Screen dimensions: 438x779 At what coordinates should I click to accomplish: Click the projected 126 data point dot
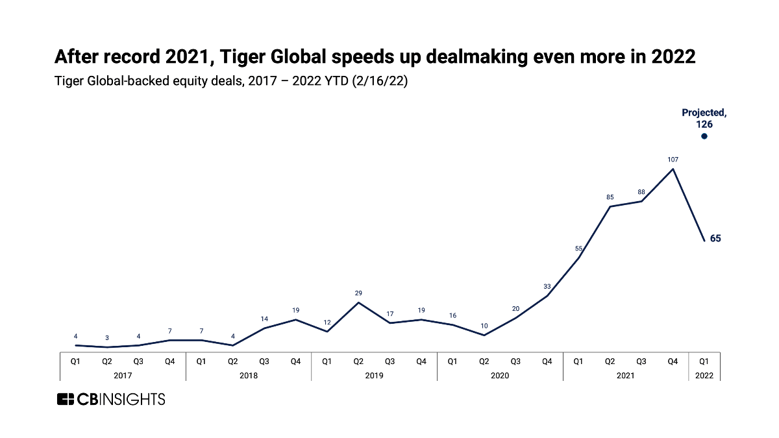704,136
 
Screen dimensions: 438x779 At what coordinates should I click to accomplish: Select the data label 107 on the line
673,159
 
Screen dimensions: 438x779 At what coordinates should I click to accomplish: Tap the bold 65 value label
715,239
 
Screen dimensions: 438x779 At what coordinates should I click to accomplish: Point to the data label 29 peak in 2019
359,293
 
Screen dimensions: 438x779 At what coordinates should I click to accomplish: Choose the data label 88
641,192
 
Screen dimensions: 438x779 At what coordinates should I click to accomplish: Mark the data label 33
547,286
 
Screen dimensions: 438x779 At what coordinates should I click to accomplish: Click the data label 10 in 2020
484,326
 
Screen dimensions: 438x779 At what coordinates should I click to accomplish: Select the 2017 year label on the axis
123,375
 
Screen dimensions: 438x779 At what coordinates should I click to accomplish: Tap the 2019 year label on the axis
374,375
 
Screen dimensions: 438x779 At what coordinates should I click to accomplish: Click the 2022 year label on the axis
704,375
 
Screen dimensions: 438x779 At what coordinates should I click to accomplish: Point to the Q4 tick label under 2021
673,361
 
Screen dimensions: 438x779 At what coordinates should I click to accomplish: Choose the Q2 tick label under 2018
232,361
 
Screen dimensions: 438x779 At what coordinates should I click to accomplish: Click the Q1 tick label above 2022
704,361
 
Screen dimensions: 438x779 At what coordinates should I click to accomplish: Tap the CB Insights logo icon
66,399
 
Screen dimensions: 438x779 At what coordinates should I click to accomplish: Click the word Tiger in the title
240,57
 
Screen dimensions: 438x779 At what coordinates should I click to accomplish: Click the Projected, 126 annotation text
704,118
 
